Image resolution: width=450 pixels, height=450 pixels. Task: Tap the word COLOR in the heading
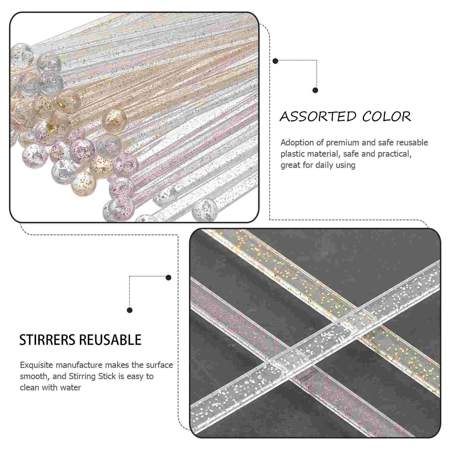coord(386,116)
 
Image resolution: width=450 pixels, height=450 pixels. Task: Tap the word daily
coord(328,165)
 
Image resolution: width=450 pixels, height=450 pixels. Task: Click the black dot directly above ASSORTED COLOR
coord(315,90)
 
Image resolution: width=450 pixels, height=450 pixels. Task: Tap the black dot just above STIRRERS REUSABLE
coord(130,310)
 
